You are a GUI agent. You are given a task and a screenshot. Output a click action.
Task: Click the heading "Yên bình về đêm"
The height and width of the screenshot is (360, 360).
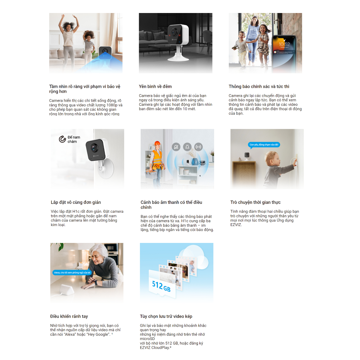(155, 86)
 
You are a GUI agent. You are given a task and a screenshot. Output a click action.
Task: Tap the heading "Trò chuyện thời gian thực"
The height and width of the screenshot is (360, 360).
(255, 202)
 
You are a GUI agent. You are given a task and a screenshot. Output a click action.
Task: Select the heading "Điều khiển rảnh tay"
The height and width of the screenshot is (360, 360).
(69, 316)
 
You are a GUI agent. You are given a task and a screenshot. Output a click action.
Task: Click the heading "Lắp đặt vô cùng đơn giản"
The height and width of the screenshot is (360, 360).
(76, 202)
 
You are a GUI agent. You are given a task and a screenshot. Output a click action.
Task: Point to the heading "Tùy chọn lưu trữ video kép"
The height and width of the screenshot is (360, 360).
(166, 316)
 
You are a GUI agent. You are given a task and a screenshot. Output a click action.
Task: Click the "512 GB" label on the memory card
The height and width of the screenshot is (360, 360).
(161, 286)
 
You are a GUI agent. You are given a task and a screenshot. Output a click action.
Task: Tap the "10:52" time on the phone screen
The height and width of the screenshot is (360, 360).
(284, 45)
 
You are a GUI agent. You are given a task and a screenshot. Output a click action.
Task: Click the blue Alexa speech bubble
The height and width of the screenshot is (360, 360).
(72, 272)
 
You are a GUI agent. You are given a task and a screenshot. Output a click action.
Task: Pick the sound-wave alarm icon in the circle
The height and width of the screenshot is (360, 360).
(198, 147)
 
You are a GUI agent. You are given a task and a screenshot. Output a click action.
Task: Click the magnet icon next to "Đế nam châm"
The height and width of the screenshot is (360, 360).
(63, 139)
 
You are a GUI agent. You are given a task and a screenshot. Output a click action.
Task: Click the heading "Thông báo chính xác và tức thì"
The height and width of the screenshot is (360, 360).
(259, 86)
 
